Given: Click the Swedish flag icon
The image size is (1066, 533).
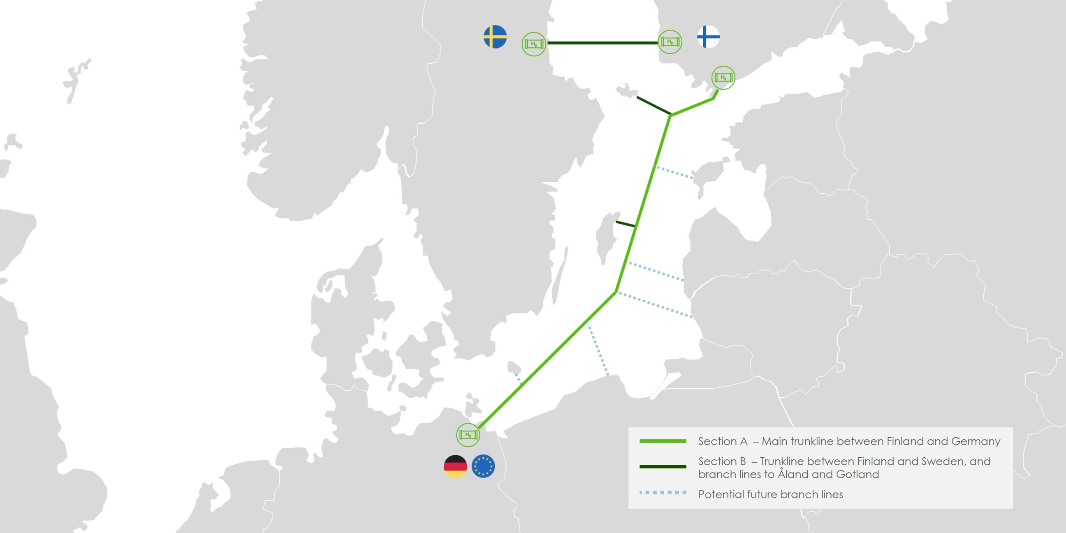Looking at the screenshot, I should (x=495, y=37).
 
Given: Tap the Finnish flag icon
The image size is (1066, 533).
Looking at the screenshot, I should (x=708, y=37).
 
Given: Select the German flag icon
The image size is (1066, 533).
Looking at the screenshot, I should (x=455, y=466).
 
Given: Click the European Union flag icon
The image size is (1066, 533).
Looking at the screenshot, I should (x=483, y=466).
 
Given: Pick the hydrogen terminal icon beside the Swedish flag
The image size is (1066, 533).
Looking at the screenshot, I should (x=534, y=44).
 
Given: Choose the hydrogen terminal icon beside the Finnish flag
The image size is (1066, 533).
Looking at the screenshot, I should (x=670, y=42).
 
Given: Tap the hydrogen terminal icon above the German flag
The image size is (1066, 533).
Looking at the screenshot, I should (x=468, y=435).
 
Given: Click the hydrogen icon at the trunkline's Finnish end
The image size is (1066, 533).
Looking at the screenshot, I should (x=723, y=77).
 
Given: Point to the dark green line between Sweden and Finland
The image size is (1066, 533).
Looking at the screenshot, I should (x=602, y=43).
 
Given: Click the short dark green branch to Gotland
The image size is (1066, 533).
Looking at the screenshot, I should (x=625, y=224).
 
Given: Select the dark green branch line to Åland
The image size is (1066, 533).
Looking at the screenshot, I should (x=654, y=106).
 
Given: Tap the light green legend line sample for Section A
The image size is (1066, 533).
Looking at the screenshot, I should (x=663, y=441).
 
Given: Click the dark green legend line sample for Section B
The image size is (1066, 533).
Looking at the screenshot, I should (x=663, y=467).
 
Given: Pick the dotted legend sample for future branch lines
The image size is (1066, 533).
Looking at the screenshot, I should (x=663, y=492).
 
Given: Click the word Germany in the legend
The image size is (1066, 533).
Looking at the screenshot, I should (x=976, y=442).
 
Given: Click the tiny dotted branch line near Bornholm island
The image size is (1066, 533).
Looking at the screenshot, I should (x=518, y=378).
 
